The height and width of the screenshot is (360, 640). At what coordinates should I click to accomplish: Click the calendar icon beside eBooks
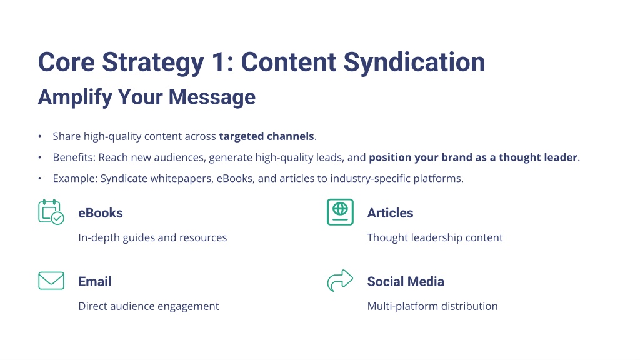coord(51,212)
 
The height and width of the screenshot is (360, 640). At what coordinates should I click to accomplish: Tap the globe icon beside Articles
coord(340,212)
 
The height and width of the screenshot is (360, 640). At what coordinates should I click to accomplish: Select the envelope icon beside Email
coord(51,281)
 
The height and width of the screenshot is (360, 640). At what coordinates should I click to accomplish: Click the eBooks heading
coord(101,213)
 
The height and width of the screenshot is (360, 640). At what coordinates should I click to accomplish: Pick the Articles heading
coord(390,213)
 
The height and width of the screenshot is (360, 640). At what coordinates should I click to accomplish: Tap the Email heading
coord(95,282)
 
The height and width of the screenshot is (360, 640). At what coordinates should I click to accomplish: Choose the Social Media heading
coord(406,282)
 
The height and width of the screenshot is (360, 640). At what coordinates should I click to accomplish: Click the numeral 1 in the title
coord(218,62)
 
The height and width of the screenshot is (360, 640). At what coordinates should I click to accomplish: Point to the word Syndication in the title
coord(414,62)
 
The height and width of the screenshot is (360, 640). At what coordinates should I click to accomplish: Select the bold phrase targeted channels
coord(266,136)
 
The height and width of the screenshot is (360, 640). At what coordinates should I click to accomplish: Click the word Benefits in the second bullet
coord(74,157)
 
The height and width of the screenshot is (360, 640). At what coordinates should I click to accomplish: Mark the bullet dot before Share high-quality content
coord(39,136)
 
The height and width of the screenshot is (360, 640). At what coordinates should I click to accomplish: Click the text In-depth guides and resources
coord(152,237)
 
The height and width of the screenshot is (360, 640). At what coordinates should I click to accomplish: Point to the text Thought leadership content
coord(435,237)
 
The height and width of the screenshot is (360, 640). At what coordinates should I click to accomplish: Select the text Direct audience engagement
coord(149,306)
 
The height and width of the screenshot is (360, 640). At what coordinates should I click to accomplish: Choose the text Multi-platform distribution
coord(432,306)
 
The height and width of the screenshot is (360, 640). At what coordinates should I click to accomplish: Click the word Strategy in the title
coord(153,62)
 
